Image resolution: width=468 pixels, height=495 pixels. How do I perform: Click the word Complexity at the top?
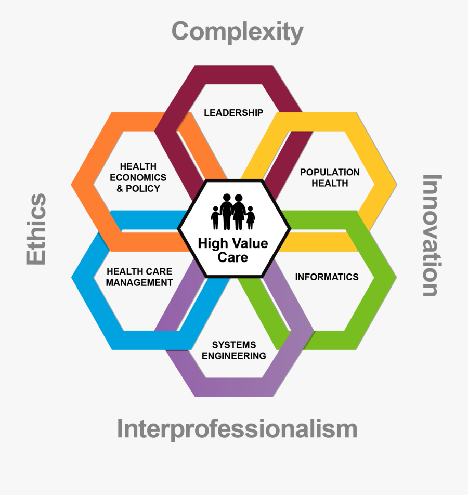click(x=237, y=32)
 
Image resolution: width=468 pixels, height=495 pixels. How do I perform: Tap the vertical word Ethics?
click(x=36, y=229)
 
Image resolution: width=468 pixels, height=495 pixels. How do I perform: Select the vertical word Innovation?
click(x=432, y=236)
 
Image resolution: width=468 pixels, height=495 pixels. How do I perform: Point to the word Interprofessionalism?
click(x=237, y=429)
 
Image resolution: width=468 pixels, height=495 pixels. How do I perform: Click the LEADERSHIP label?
click(x=233, y=113)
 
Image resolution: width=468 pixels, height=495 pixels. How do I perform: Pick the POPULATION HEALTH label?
click(x=330, y=177)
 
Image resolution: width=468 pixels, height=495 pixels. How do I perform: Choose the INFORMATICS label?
click(x=327, y=277)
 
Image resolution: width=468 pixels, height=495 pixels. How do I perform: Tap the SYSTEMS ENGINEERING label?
click(x=233, y=350)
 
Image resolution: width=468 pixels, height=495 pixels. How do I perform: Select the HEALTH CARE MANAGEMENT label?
click(x=139, y=277)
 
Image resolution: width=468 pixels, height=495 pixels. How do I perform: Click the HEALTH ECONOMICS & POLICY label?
click(x=138, y=177)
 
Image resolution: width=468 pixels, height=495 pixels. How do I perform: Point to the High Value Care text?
click(x=233, y=250)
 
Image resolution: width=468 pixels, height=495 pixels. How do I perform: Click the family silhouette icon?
click(x=233, y=212)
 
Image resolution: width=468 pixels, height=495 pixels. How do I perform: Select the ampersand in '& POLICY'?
click(x=120, y=188)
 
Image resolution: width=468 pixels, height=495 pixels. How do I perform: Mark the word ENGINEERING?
click(x=233, y=356)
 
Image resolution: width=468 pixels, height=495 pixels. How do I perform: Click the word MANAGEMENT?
click(x=139, y=282)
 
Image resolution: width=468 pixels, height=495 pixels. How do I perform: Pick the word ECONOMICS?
click(x=138, y=177)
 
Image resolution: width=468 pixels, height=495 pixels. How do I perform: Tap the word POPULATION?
click(x=330, y=172)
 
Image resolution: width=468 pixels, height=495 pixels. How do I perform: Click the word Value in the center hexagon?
click(x=251, y=243)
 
